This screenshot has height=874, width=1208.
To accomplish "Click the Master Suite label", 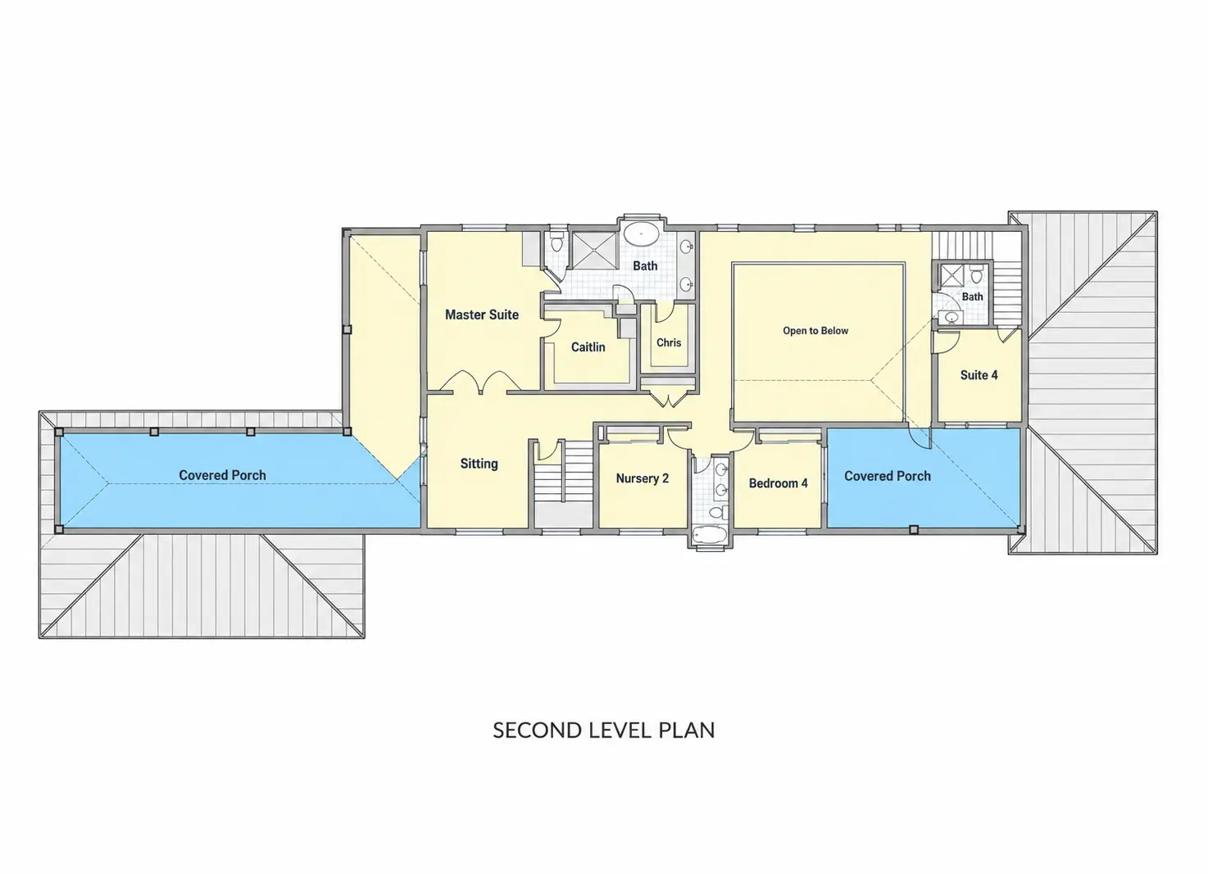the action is tap(482, 315).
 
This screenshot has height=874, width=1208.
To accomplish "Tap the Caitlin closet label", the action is tap(588, 346).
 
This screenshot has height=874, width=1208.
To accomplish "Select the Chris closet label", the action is tap(669, 342).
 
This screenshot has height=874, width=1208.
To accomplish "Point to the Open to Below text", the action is tap(815, 330).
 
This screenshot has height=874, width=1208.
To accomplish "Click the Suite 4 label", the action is tap(979, 374).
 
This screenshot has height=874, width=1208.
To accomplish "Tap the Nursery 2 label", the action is tap(643, 478).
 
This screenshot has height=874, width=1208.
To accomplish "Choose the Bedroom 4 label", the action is tap(779, 483).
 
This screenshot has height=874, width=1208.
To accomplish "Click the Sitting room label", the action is tap(479, 464).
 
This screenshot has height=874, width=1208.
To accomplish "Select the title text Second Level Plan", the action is tap(603, 730).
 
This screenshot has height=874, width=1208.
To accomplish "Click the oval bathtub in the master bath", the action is tap(641, 235).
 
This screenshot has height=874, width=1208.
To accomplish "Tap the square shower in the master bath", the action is tap(594, 250).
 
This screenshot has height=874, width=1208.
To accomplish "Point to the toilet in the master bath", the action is tap(556, 242).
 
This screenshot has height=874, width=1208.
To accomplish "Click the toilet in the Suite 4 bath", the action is tap(976, 275).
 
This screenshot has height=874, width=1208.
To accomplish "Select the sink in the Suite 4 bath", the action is tap(951, 317).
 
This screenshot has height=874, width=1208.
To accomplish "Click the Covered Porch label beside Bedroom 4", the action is tap(887, 476).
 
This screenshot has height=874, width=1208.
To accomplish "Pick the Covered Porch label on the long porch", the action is tap(222, 475).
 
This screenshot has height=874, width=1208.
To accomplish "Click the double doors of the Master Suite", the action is tap(480, 381).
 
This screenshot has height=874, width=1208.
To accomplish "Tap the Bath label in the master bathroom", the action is tap(645, 266).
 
